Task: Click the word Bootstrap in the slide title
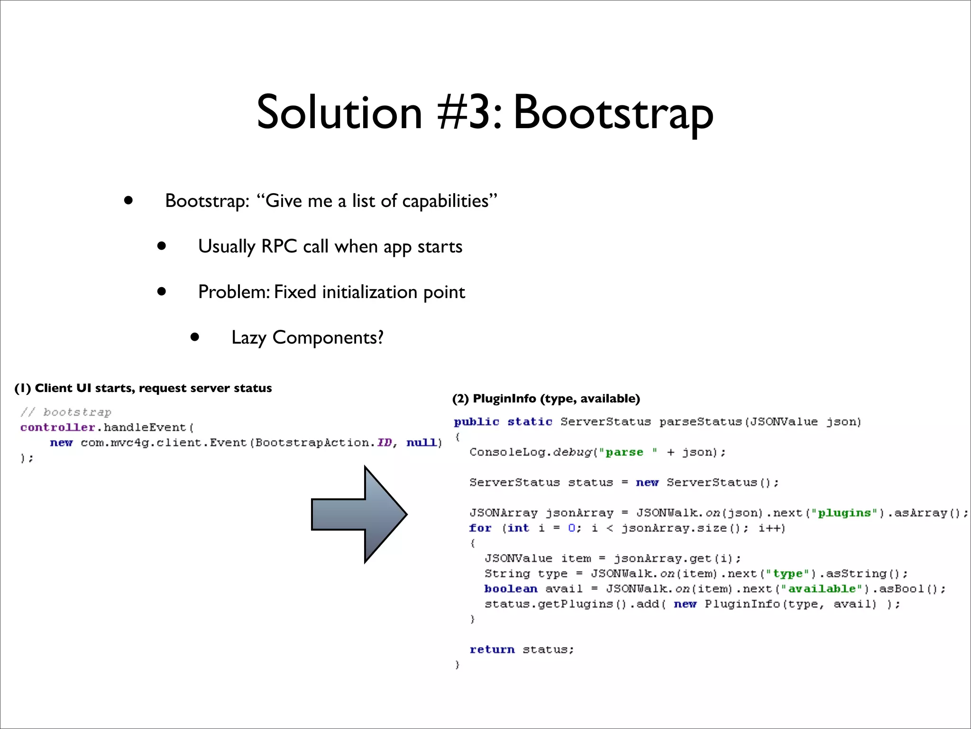tap(613, 113)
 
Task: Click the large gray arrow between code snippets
tap(359, 514)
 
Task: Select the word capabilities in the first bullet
tap(445, 201)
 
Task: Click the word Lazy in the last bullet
tap(248, 338)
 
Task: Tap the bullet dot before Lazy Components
tap(194, 337)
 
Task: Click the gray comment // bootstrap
tap(66, 412)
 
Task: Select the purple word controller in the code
tap(57, 427)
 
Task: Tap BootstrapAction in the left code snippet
tap(312, 442)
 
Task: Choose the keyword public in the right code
tap(476, 421)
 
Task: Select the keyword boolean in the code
tap(511, 589)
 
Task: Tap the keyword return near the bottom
tap(492, 649)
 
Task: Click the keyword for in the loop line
tap(480, 528)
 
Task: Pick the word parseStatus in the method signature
tap(701, 421)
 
